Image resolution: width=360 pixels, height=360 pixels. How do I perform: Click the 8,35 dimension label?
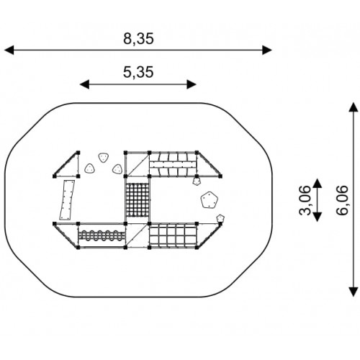pyautogui.click(x=138, y=39)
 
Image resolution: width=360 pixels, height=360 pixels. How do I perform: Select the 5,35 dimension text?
pyautogui.click(x=138, y=72)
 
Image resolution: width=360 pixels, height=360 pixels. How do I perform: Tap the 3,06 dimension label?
pyautogui.click(x=305, y=200)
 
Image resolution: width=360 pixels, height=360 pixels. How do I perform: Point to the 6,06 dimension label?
pyautogui.click(x=342, y=200)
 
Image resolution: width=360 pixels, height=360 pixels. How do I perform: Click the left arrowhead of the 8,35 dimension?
pyautogui.click(x=9, y=50)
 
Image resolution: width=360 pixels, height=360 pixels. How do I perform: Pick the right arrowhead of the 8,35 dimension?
pyautogui.click(x=267, y=50)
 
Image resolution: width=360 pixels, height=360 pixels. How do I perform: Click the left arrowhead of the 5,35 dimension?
pyautogui.click(x=84, y=84)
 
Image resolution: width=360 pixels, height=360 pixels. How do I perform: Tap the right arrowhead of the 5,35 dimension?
pyautogui.click(x=192, y=84)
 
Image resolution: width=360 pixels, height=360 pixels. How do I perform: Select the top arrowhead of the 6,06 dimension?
pyautogui.click(x=354, y=107)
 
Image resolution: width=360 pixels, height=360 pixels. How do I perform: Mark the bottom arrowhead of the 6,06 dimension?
pyautogui.click(x=354, y=292)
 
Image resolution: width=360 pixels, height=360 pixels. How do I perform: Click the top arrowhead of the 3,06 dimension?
pyautogui.click(x=318, y=183)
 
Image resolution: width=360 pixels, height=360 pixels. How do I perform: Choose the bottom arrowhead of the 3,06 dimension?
pyautogui.click(x=318, y=217)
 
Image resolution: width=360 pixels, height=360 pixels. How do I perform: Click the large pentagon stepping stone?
pyautogui.click(x=210, y=199)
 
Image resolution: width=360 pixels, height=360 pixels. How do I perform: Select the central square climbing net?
pyautogui.click(x=138, y=200)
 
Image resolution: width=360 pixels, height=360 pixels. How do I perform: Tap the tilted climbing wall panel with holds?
pyautogui.click(x=67, y=200)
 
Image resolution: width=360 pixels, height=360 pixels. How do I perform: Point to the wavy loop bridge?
pyautogui.click(x=102, y=235)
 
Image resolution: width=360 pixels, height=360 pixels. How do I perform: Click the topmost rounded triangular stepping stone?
pyautogui.click(x=103, y=158)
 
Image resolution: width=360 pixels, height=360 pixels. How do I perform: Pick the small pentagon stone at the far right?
pyautogui.click(x=220, y=218)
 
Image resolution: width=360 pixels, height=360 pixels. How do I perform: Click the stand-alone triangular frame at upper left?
pyautogui.click(x=66, y=164)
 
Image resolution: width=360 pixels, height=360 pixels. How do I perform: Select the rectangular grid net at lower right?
pyautogui.click(x=173, y=235)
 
